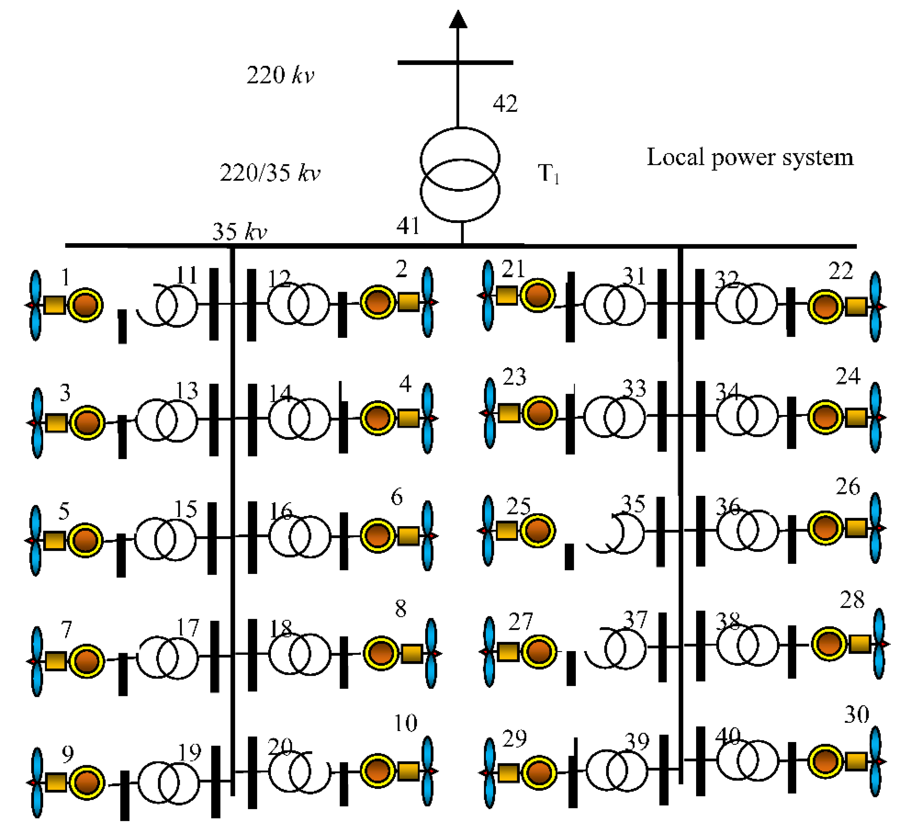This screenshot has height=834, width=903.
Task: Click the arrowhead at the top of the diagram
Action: click(x=458, y=20)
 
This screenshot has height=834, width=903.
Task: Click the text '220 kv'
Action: click(x=280, y=75)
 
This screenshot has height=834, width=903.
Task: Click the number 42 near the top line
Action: click(x=505, y=104)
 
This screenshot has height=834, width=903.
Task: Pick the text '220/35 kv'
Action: click(x=270, y=173)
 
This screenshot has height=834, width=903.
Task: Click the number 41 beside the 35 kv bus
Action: click(x=408, y=226)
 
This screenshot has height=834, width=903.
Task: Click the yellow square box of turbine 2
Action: click(x=408, y=302)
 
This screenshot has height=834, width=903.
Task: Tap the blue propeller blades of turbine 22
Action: click(x=875, y=307)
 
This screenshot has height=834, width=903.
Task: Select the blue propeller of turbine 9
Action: click(x=36, y=782)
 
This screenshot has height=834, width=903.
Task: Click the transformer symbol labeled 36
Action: click(x=748, y=530)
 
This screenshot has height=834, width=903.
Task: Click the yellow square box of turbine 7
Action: click(x=56, y=661)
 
